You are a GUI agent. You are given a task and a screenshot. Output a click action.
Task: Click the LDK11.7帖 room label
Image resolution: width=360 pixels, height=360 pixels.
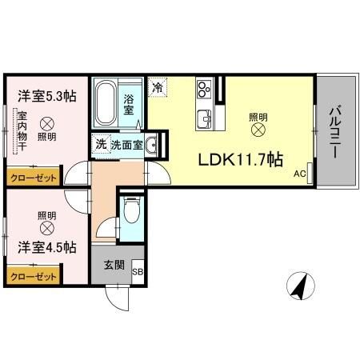(x=241, y=158)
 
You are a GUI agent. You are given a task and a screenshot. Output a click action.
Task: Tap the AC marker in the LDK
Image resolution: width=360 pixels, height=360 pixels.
(x=299, y=174)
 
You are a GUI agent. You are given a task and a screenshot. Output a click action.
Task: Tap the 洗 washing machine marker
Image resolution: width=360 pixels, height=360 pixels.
(x=101, y=145)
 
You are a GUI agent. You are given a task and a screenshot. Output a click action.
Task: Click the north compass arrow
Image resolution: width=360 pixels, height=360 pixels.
(x=300, y=286)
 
